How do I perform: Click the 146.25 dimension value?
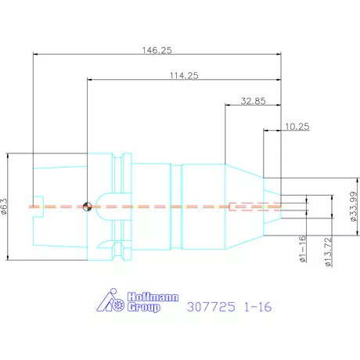(157, 50)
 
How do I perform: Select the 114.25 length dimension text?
(184, 75)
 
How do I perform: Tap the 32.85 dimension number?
(253, 101)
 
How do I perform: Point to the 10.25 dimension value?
(297, 127)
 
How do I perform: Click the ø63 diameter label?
(5, 206)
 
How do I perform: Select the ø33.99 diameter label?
(353, 207)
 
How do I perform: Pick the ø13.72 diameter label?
(328, 251)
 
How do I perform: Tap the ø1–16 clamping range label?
(302, 248)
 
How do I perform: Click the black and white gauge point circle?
(87, 207)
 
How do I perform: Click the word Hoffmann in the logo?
(153, 297)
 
